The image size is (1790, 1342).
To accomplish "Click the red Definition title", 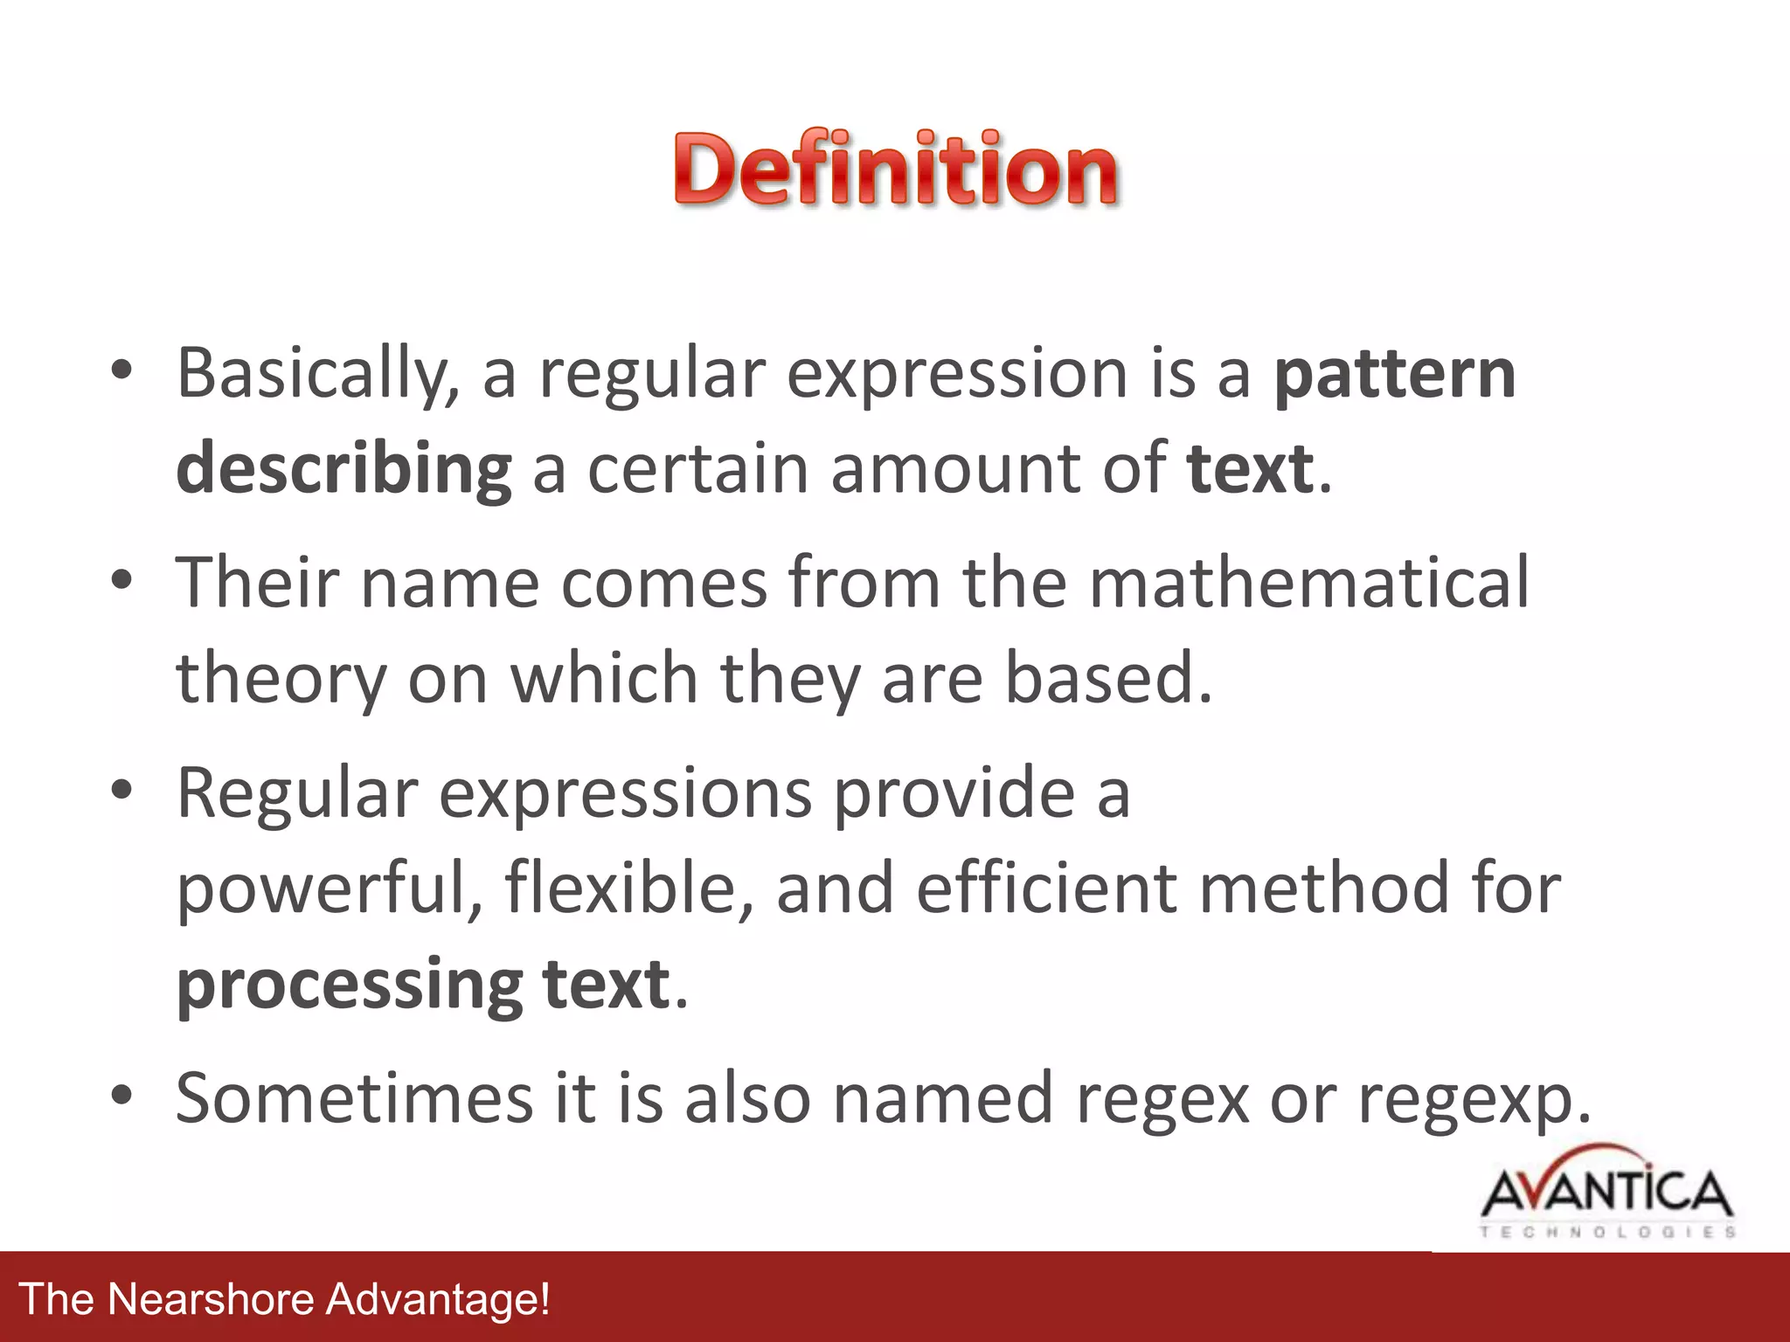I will pos(895,168).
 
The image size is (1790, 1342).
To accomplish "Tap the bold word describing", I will pos(343,470).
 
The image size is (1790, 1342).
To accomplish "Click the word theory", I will pos(281,680).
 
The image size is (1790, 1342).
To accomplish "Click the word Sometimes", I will pos(354,1097).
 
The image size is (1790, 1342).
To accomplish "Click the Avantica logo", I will pos(1606,1193).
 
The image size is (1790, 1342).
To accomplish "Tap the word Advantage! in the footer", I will pos(438,1299).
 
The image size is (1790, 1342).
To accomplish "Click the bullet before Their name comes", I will pos(121,580).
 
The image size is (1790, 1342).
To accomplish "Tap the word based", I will pos(1107,678).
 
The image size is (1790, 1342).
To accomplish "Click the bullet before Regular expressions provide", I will pos(121,790).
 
